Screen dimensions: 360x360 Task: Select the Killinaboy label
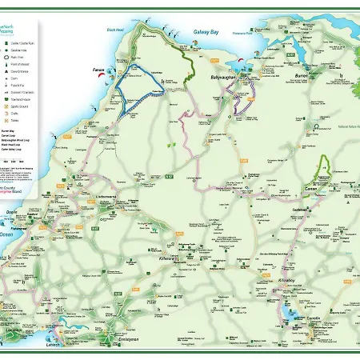pyautogui.click(x=286, y=281)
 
